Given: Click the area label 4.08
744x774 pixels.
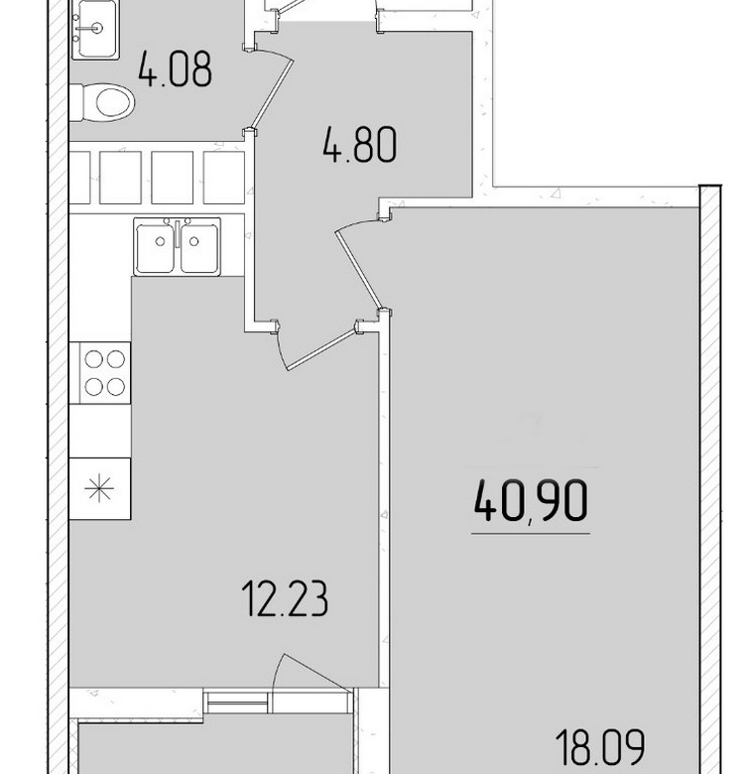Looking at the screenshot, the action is pyautogui.click(x=176, y=68).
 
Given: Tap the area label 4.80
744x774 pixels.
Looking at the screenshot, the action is pyautogui.click(x=360, y=144).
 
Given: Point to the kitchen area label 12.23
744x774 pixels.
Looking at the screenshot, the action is pyautogui.click(x=286, y=598).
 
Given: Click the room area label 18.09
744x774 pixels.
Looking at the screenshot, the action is pyautogui.click(x=600, y=747).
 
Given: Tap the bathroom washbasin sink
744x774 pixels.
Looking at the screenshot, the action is pyautogui.click(x=95, y=30).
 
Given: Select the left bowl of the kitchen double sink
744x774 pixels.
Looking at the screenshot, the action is pyautogui.click(x=155, y=248).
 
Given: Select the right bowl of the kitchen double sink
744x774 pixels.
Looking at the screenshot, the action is pyautogui.click(x=199, y=248).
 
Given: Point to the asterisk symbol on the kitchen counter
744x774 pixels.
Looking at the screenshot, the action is pyautogui.click(x=99, y=488).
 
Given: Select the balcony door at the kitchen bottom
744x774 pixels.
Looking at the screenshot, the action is pyautogui.click(x=312, y=675).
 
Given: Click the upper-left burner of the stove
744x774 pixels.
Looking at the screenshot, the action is pyautogui.click(x=93, y=359).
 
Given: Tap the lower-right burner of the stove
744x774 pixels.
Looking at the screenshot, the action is pyautogui.click(x=116, y=387).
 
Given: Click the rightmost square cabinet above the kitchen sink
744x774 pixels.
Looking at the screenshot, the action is pyautogui.click(x=224, y=178).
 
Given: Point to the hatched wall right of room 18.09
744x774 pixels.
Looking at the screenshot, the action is pyautogui.click(x=711, y=479).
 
